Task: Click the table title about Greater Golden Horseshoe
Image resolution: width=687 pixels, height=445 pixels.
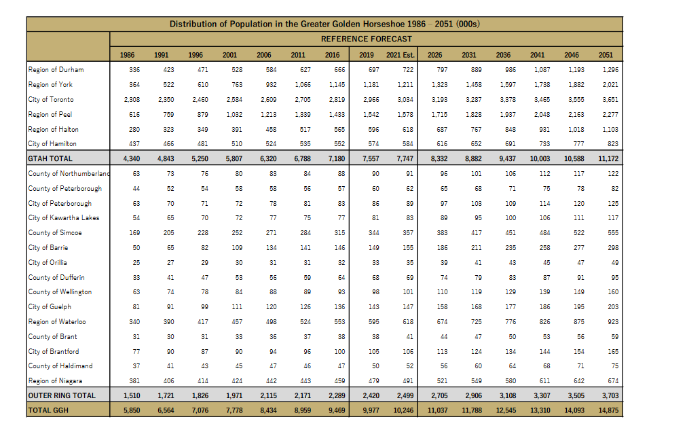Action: (x=324, y=24)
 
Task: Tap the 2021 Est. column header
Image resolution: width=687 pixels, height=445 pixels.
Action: (x=400, y=54)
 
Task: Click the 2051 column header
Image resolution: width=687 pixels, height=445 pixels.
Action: (x=606, y=54)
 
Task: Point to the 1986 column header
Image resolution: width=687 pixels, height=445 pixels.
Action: (x=126, y=54)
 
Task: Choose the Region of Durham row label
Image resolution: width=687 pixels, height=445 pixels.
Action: (x=56, y=69)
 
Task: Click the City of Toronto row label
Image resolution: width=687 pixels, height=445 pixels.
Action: (x=52, y=99)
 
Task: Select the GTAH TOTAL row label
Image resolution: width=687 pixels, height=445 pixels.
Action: (x=50, y=158)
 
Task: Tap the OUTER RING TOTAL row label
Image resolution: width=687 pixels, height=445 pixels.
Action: (x=62, y=395)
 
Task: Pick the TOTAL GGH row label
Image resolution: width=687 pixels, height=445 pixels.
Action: (x=50, y=410)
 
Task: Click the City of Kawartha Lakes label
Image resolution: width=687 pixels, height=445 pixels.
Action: (x=64, y=217)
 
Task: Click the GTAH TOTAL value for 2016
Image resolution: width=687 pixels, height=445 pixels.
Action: (x=336, y=158)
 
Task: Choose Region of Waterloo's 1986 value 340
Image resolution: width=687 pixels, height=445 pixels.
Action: (x=134, y=321)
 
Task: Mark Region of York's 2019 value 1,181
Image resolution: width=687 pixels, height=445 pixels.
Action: (x=371, y=84)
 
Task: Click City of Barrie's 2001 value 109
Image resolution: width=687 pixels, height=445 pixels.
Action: (x=236, y=247)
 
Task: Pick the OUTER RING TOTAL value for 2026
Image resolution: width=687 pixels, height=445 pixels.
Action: (x=438, y=395)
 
